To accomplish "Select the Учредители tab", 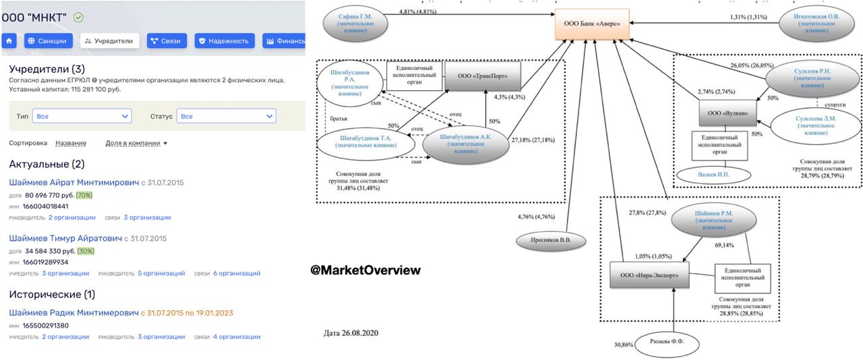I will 109,41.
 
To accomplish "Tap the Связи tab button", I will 165,41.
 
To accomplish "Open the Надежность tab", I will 225,41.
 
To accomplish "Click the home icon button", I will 10,41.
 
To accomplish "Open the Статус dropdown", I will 226,117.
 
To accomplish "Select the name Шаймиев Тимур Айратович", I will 65,239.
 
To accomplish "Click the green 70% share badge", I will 84,196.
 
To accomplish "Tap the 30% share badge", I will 86,251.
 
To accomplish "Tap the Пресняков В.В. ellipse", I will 549,240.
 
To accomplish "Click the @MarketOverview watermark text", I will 365,270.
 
